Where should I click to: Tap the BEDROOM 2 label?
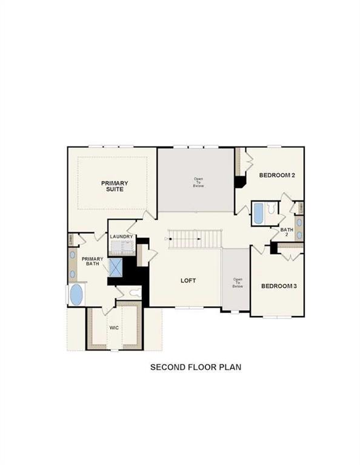click(x=277, y=176)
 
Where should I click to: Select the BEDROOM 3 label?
click(x=279, y=286)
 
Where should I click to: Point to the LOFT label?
click(x=188, y=280)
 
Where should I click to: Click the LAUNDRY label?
click(x=121, y=236)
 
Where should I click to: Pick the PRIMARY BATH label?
click(x=93, y=262)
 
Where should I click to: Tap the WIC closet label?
click(x=114, y=328)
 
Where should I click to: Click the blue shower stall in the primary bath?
click(x=115, y=267)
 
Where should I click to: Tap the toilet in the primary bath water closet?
click(x=135, y=294)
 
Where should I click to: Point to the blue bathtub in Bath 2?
click(x=257, y=213)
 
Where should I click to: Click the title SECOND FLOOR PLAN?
click(x=196, y=366)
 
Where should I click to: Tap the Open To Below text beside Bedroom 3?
click(x=238, y=283)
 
